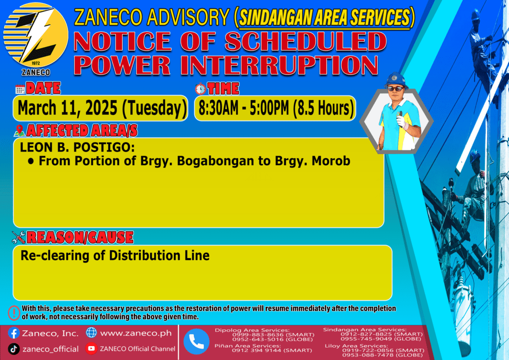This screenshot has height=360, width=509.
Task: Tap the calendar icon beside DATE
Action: pos(20,90)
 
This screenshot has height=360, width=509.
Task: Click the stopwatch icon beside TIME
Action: pos(200,89)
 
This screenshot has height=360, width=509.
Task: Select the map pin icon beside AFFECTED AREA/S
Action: pos(19,130)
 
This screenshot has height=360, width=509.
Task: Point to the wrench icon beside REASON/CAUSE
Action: pos(18,237)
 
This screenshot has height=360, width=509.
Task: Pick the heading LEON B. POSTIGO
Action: pos(77,147)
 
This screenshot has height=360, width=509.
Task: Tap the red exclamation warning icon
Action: pos(14,313)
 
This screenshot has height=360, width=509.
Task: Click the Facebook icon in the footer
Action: pos(13,333)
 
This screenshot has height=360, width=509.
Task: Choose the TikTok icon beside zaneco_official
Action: pos(13,349)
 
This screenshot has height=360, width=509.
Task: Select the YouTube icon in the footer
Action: pos(91,348)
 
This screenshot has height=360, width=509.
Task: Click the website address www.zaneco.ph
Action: pos(136,333)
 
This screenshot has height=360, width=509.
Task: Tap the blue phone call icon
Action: pos(196,342)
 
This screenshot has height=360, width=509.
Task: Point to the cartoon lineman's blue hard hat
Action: pos(396,80)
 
